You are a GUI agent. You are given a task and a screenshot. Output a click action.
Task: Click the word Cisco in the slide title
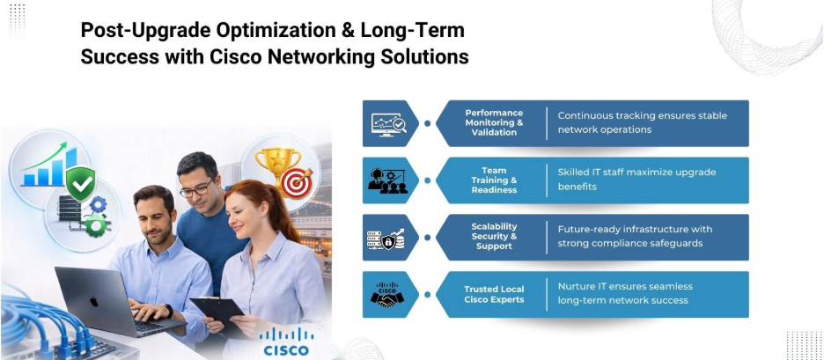click(235, 56)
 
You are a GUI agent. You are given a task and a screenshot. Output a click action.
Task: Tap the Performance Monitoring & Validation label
click(494, 122)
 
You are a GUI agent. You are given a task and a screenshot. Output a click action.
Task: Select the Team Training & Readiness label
click(494, 180)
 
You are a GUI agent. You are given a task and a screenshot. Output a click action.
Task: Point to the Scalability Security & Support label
click(494, 237)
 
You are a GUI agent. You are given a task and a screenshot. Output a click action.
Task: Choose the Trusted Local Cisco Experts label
click(494, 294)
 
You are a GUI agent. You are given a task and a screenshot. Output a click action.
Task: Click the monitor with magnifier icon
click(389, 123)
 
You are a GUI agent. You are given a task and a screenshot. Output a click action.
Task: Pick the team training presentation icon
click(387, 180)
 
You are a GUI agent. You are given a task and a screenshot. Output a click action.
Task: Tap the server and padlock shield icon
click(386, 238)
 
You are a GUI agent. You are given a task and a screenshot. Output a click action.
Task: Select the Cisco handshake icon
click(387, 294)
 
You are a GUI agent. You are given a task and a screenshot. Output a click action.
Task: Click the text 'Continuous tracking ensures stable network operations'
click(642, 122)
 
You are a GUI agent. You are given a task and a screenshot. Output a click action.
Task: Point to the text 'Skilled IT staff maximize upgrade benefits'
click(636, 180)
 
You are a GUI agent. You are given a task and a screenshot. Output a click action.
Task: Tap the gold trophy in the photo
click(277, 167)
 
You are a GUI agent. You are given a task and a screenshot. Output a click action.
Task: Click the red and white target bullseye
click(297, 182)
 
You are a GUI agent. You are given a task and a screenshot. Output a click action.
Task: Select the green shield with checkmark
click(81, 182)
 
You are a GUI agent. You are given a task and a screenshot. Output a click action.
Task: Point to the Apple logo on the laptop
click(94, 301)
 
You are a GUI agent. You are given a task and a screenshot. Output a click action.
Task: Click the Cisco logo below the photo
click(286, 342)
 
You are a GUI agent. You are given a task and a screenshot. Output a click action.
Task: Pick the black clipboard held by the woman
click(217, 313)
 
